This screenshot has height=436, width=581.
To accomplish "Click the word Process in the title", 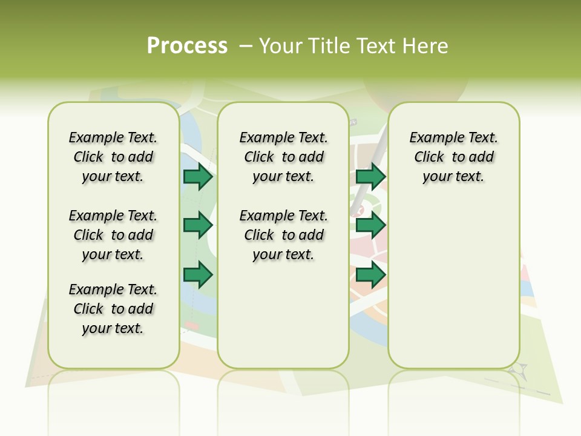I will [x=187, y=45].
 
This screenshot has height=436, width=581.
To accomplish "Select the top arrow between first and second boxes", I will [x=198, y=176].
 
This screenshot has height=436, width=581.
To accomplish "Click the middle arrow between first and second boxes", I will [x=198, y=226].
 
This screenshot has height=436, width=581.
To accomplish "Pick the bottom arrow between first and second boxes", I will [x=198, y=276].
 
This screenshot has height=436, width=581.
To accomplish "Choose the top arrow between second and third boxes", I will [x=370, y=176].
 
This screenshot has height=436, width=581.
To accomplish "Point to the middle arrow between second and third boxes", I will [x=370, y=226].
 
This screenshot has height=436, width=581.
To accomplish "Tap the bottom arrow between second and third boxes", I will [x=370, y=276].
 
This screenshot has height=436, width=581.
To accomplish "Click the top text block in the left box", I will [x=113, y=157].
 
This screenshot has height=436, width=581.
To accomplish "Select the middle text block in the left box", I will [x=113, y=235].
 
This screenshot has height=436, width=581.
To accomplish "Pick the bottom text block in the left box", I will [x=113, y=309].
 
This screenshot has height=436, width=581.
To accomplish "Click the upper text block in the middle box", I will [x=284, y=157].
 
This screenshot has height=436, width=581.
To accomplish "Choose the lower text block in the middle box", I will [x=284, y=235].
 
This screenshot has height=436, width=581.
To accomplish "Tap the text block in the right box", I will [x=454, y=157].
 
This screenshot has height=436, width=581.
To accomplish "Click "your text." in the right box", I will [x=454, y=176].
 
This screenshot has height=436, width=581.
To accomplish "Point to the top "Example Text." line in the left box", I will [x=113, y=137].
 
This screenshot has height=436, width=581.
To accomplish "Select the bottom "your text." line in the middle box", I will [x=284, y=254].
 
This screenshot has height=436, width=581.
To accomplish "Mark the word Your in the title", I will [x=280, y=46].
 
